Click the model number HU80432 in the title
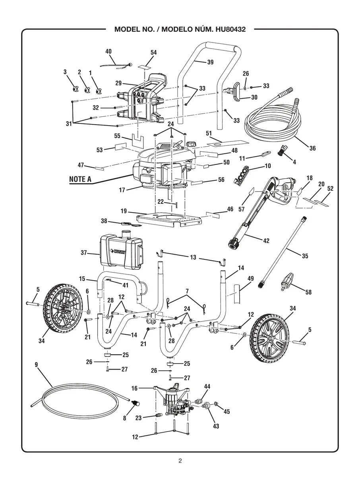[x=230, y=29]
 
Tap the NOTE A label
[x=80, y=179]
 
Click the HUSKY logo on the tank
[x=118, y=252]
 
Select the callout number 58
[x=308, y=292]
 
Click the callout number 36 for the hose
[x=313, y=148]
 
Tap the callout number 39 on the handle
[x=210, y=62]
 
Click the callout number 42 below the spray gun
[x=266, y=241]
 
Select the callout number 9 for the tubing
[x=36, y=364]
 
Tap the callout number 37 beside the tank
[x=84, y=253]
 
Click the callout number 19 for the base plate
[x=124, y=211]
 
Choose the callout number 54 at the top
[x=154, y=52]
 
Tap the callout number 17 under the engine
[x=122, y=190]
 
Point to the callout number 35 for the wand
[x=305, y=256]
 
